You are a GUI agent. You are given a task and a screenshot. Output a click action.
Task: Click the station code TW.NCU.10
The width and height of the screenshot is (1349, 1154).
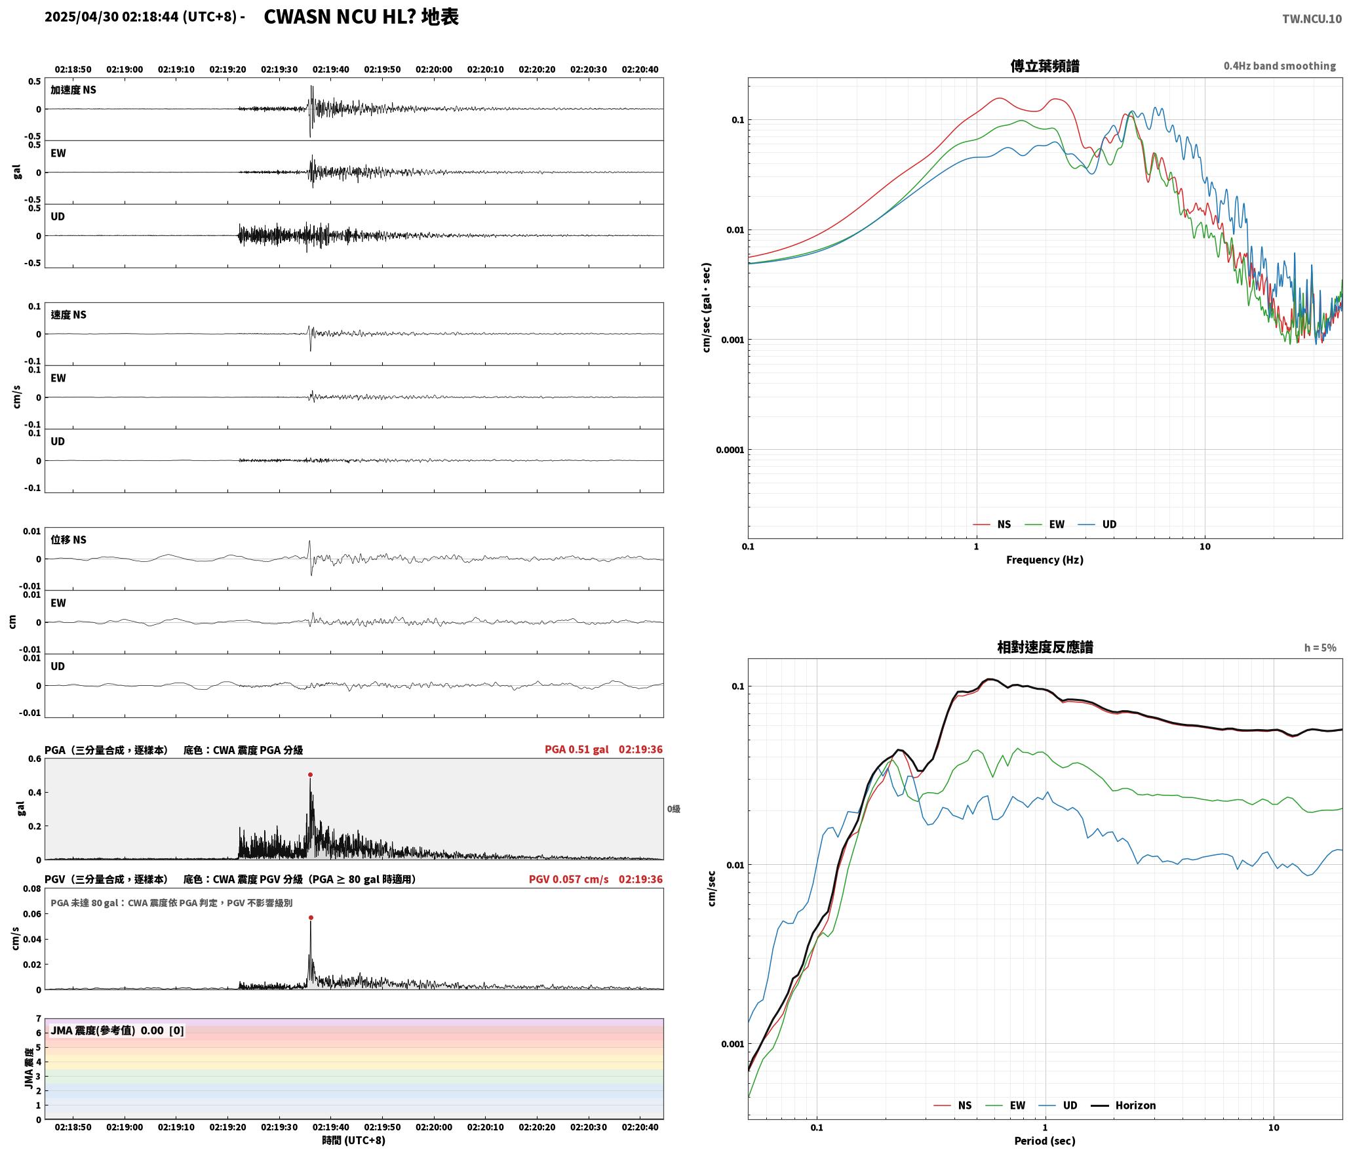click(1312, 19)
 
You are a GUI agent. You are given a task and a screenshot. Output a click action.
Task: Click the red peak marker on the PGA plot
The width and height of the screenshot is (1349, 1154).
click(310, 774)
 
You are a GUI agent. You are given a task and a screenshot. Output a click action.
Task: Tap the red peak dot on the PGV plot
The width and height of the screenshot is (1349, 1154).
click(311, 917)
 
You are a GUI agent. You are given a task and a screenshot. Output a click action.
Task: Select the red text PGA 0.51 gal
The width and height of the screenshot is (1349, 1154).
click(576, 749)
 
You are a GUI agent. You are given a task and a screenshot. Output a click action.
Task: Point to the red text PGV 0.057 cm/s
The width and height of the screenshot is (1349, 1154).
click(568, 879)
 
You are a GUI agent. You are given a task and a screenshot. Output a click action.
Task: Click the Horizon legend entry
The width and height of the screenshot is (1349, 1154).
click(1123, 1105)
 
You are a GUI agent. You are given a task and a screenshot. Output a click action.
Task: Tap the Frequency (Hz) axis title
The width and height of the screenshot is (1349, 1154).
click(1044, 559)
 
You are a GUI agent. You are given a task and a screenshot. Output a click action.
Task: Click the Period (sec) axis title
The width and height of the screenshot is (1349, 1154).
click(1044, 1140)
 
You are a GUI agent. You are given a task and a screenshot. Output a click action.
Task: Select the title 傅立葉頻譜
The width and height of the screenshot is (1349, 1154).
click(1044, 66)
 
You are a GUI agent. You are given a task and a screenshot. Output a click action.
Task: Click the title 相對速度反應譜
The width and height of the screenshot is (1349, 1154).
click(1044, 647)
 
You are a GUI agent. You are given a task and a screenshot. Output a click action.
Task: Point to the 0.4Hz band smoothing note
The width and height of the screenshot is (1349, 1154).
click(1280, 66)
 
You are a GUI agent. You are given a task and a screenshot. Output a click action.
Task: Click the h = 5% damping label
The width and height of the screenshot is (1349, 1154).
click(1320, 647)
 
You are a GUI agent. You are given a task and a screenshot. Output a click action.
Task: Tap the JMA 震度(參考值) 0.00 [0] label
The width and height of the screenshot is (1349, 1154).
click(117, 1030)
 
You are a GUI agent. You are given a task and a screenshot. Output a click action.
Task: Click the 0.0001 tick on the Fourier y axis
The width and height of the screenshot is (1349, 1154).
click(730, 450)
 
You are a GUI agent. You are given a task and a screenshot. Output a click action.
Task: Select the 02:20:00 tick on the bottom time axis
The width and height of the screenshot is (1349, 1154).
click(433, 1126)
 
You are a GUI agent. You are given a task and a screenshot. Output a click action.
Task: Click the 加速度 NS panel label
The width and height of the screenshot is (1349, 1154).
click(73, 90)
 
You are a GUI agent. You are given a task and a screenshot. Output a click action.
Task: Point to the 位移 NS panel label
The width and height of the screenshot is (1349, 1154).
click(68, 540)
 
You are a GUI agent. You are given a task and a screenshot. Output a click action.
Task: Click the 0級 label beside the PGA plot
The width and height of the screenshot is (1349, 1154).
click(674, 808)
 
